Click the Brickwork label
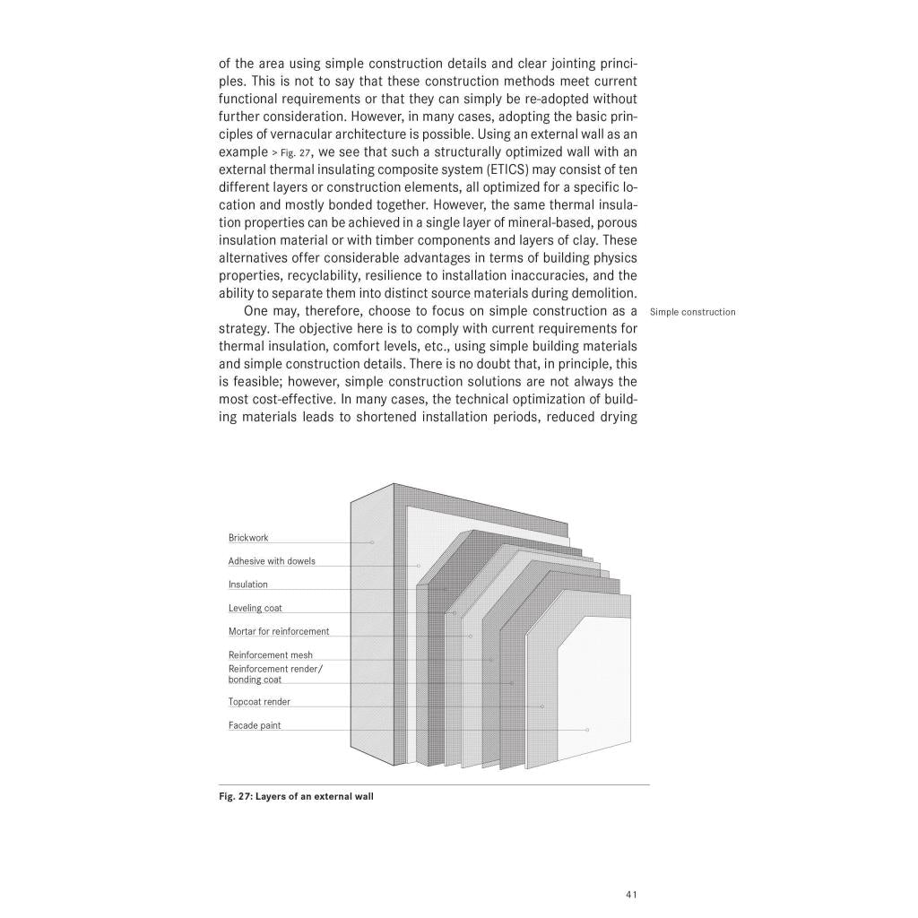coord(248,538)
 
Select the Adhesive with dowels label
coord(272,561)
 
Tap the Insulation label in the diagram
coord(248,585)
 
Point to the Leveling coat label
coord(255,608)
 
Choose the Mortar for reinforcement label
coord(279,631)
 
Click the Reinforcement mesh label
coord(271,655)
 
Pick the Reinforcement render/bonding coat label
coord(276,674)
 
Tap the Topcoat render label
coord(259,702)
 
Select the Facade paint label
coord(255,725)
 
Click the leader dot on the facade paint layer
coord(587,730)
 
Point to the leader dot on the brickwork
coord(372,542)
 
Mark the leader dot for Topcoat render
coord(542,706)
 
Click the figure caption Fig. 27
coord(296,795)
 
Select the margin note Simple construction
coord(693,312)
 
